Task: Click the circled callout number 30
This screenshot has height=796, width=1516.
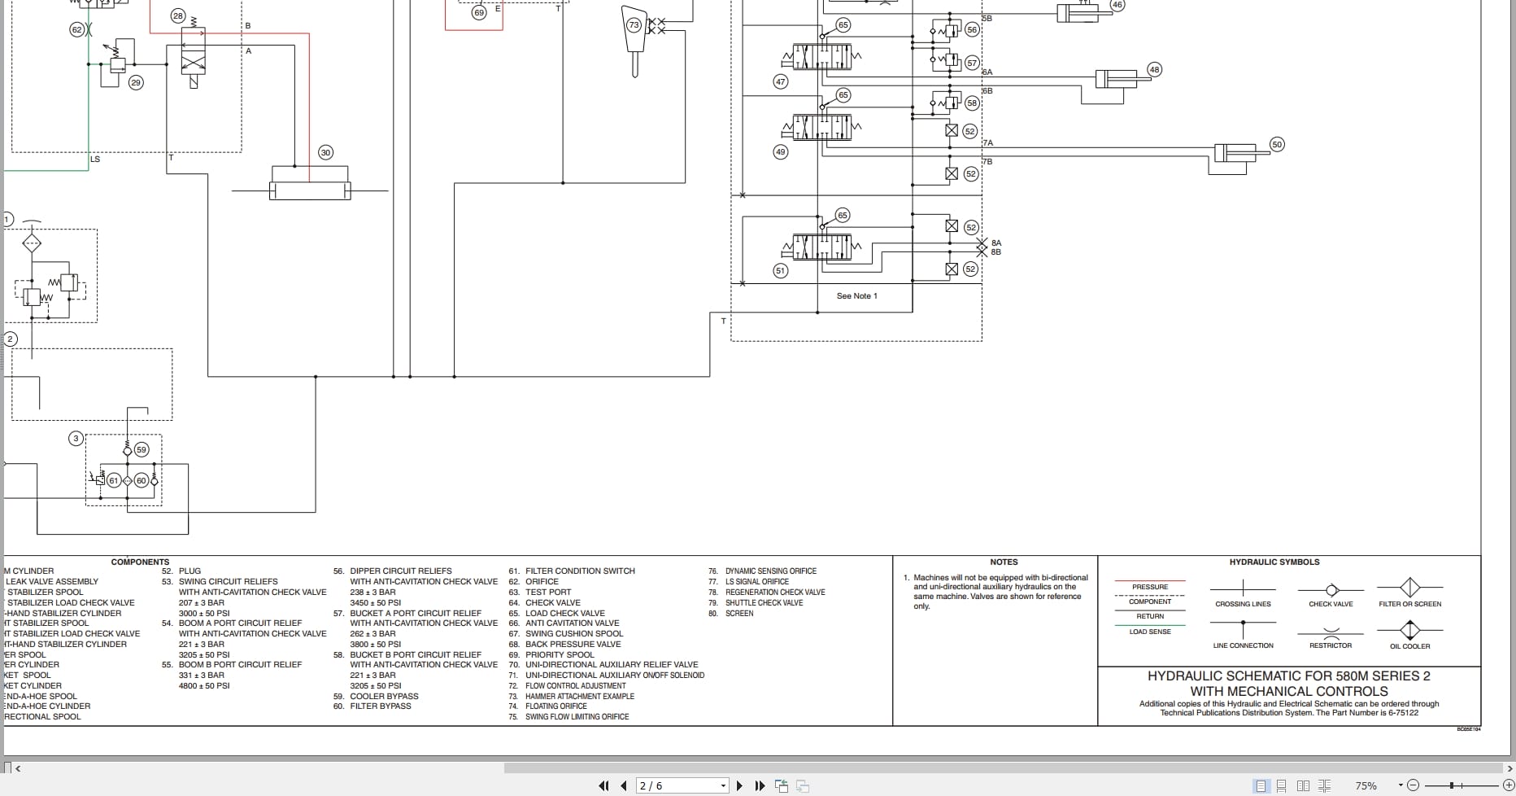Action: (325, 152)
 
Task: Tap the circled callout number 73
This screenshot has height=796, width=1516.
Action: (634, 25)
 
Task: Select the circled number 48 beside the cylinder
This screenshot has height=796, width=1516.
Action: (1154, 69)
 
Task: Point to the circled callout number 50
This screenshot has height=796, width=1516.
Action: (1276, 144)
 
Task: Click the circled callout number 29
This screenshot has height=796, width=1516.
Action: (136, 82)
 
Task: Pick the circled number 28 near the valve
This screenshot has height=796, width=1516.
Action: (178, 15)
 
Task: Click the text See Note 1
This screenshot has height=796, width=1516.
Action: (856, 295)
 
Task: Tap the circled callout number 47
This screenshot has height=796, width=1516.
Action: (781, 81)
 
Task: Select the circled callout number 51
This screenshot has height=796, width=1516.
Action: (781, 270)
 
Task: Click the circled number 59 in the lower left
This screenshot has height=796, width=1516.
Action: (142, 449)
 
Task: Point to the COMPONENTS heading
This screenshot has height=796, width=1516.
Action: (140, 562)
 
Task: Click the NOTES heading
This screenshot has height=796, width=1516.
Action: (1004, 562)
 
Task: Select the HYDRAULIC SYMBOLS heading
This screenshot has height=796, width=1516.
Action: (1274, 562)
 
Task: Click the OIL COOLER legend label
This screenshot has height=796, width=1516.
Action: (1409, 646)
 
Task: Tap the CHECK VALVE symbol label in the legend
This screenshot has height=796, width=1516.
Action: (1331, 604)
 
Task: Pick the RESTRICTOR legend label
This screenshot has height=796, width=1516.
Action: (1330, 645)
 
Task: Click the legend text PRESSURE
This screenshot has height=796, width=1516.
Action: (1149, 587)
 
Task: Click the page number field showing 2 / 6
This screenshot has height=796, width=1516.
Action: (682, 785)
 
